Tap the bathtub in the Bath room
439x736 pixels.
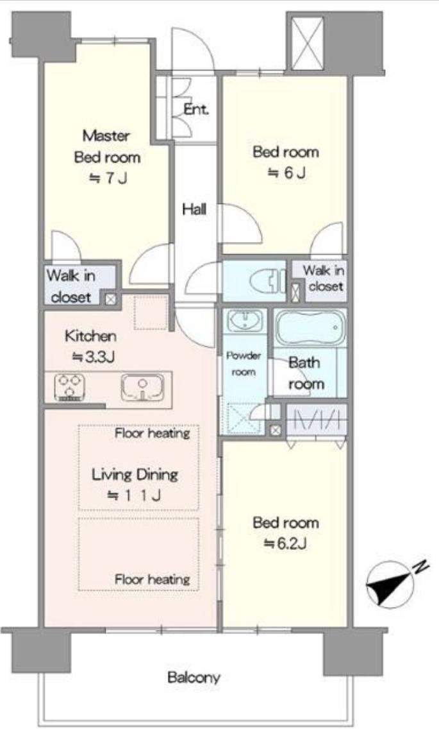pos(310,328)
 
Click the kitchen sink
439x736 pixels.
pos(143,387)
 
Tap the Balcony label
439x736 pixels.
pos(194,678)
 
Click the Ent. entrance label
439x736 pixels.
pos(196,110)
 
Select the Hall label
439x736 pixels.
pos(194,209)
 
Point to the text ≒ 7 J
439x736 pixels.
pos(108,178)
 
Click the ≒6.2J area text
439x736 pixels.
pos(285,544)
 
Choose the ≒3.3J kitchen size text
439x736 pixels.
pos(93,357)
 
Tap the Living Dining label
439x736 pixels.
pos(135,475)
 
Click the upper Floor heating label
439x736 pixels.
pos(153,432)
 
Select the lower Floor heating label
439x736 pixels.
pos(153,579)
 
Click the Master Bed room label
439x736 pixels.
pos(108,146)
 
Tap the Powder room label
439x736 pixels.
pos(244,364)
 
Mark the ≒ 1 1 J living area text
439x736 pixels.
pos(135,495)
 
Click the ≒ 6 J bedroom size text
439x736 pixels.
pos(286,173)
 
